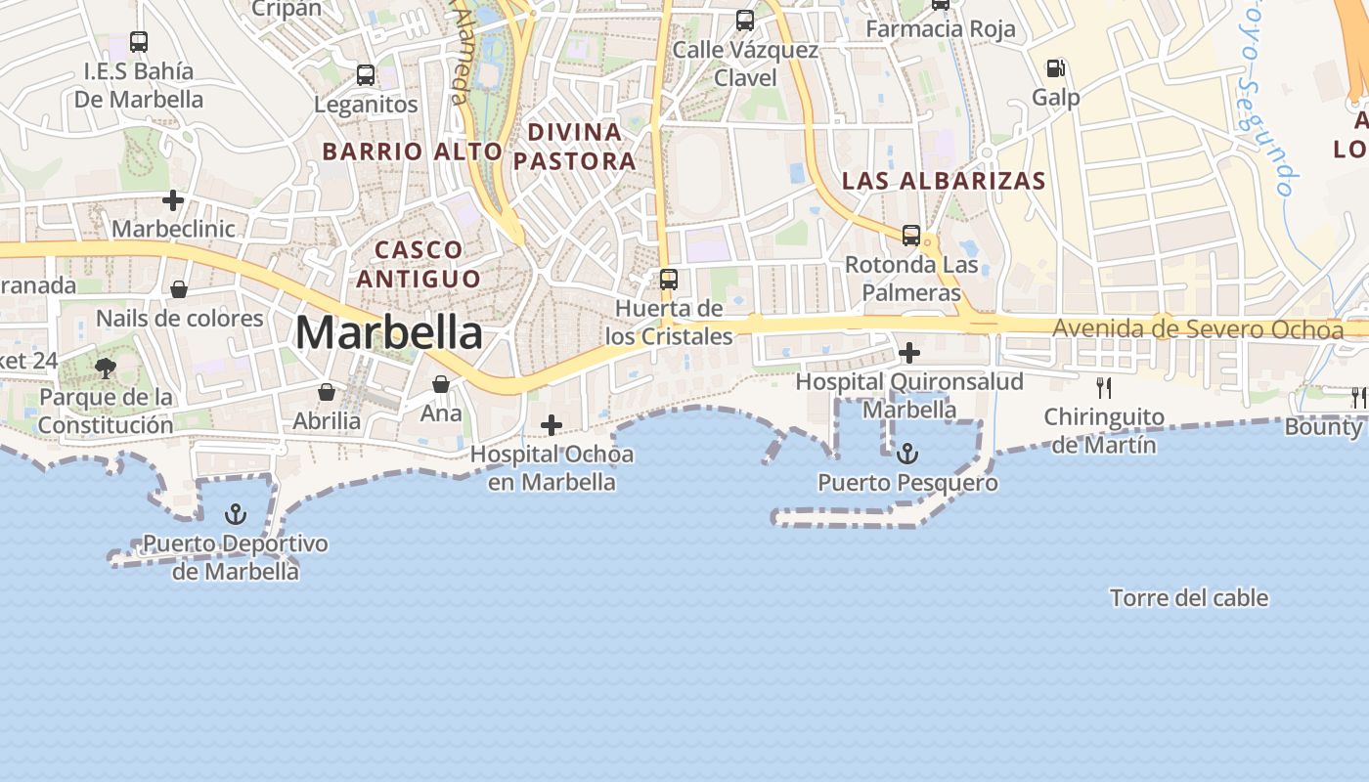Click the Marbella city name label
(388, 333)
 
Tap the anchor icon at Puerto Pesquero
(907, 453)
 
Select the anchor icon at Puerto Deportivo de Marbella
(235, 514)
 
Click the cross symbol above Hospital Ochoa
(552, 424)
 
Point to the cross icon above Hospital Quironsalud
(909, 352)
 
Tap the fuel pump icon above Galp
(1055, 68)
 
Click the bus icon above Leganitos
(366, 74)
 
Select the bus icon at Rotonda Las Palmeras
(910, 235)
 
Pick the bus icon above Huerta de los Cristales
(669, 280)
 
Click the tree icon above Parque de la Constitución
(105, 369)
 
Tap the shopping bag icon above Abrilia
(327, 392)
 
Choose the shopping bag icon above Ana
(441, 384)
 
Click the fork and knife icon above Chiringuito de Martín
(1104, 388)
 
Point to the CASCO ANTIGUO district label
(419, 264)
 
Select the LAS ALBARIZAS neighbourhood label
(944, 181)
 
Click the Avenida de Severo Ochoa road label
(1198, 329)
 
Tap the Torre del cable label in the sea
(1189, 597)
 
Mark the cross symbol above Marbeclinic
(173, 200)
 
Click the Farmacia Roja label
(941, 29)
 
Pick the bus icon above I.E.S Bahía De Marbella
(139, 42)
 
